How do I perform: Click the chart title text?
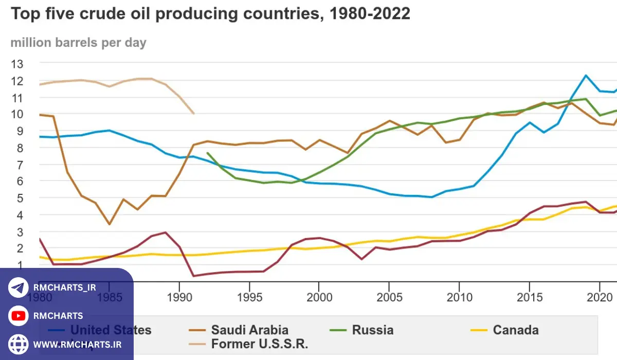click(x=210, y=14)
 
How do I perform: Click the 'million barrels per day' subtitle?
click(x=78, y=43)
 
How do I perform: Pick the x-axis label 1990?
click(x=179, y=298)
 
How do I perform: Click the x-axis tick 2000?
click(x=319, y=298)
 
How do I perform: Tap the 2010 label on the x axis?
click(x=459, y=298)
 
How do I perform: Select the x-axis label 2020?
click(x=598, y=298)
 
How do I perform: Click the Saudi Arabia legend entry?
click(x=249, y=330)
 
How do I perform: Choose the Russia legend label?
click(x=372, y=330)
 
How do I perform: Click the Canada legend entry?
click(x=515, y=330)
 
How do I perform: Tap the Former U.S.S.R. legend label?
click(x=259, y=344)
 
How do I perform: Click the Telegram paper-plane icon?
click(x=19, y=288)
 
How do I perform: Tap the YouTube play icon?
click(x=19, y=316)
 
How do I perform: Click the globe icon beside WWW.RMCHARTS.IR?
click(x=19, y=344)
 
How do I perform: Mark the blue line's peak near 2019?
click(x=586, y=76)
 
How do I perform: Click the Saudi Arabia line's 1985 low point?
click(x=109, y=224)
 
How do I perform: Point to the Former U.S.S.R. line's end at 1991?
click(x=193, y=114)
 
